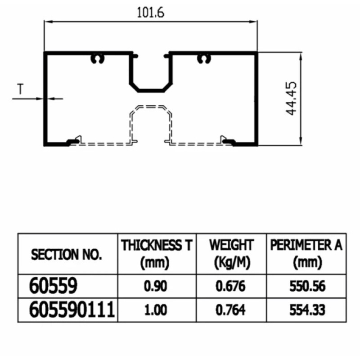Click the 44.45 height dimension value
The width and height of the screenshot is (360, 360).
click(292, 99)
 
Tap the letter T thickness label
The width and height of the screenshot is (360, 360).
click(20, 90)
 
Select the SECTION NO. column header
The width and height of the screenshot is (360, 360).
click(67, 255)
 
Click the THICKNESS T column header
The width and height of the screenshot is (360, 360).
click(157, 253)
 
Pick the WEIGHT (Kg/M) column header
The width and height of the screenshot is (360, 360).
click(231, 253)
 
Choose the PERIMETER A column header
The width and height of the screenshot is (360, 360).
click(306, 253)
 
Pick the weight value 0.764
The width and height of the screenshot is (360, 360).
click(230, 310)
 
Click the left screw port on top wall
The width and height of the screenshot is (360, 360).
click(98, 58)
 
